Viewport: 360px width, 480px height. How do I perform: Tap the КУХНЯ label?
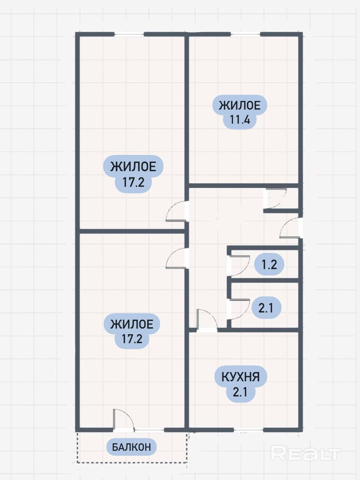click(x=240, y=376)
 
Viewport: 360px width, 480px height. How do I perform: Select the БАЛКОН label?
click(x=132, y=447)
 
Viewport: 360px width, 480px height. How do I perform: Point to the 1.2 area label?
click(x=269, y=265)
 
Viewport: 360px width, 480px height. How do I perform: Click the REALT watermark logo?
click(x=306, y=454)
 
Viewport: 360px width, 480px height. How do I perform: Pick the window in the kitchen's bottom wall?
click(x=248, y=429)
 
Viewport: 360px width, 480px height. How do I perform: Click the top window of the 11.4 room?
click(x=245, y=34)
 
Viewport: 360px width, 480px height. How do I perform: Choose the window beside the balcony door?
click(x=149, y=429)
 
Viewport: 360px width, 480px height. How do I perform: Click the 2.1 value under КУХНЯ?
click(x=240, y=392)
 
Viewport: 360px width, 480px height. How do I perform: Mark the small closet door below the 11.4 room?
click(x=276, y=199)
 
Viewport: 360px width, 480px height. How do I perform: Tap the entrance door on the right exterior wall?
click(x=291, y=228)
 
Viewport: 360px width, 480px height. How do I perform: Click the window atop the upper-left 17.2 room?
click(x=129, y=34)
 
